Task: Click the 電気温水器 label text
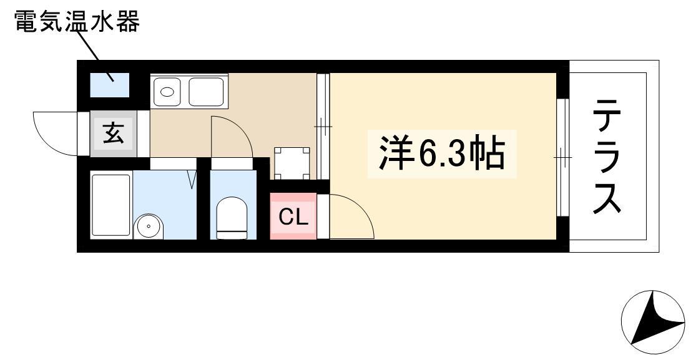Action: tap(77, 21)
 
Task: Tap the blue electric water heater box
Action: tap(110, 85)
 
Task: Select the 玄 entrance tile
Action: tap(113, 134)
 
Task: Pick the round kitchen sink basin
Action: tap(167, 92)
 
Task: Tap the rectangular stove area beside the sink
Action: tap(206, 92)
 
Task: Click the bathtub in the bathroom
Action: tap(111, 205)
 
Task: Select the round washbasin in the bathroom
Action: tap(149, 226)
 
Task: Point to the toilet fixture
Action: tap(232, 218)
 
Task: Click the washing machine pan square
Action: tap(292, 163)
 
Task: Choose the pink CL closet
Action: tap(293, 216)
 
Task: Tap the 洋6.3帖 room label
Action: tap(441, 154)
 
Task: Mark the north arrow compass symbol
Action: tap(653, 322)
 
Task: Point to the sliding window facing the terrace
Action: tap(562, 157)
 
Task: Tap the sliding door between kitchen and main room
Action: tap(323, 127)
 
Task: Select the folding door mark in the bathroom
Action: tap(192, 178)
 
